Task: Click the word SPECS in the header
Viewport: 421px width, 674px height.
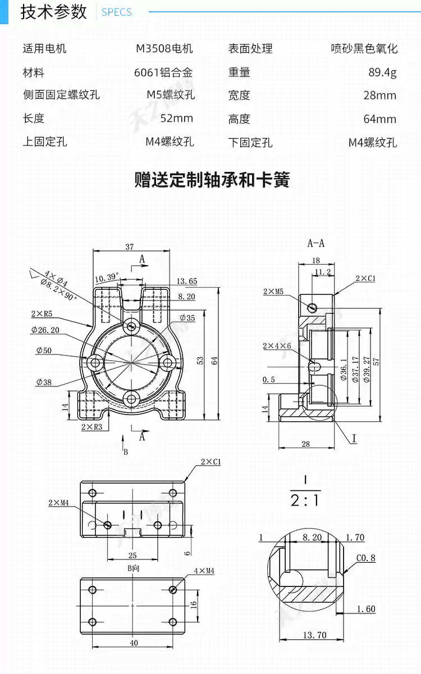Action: [x=116, y=12]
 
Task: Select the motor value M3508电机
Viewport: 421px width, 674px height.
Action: [x=164, y=48]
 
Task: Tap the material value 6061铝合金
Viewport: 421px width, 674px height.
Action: [x=163, y=72]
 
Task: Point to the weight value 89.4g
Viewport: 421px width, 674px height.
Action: [x=382, y=72]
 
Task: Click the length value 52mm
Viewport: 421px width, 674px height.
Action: [x=176, y=118]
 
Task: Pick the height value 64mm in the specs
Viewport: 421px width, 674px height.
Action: [x=379, y=119]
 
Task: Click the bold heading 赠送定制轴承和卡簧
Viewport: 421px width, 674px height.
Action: [x=212, y=180]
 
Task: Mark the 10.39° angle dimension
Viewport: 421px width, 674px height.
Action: [x=107, y=277]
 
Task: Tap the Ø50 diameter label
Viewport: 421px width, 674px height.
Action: [x=44, y=350]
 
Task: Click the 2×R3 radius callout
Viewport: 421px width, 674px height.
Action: [x=91, y=427]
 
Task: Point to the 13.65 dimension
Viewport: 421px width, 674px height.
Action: [x=186, y=281]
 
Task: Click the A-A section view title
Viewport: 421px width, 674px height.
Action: [x=316, y=243]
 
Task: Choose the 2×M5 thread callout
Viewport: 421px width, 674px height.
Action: [x=273, y=291]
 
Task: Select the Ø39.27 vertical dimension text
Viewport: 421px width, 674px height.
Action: [x=367, y=369]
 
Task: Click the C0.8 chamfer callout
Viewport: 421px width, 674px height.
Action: [x=365, y=558]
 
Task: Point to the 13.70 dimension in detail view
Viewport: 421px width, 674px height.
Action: [x=314, y=635]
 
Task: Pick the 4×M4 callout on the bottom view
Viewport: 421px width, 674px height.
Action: [x=204, y=571]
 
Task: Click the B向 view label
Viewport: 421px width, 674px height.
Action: [x=133, y=568]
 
